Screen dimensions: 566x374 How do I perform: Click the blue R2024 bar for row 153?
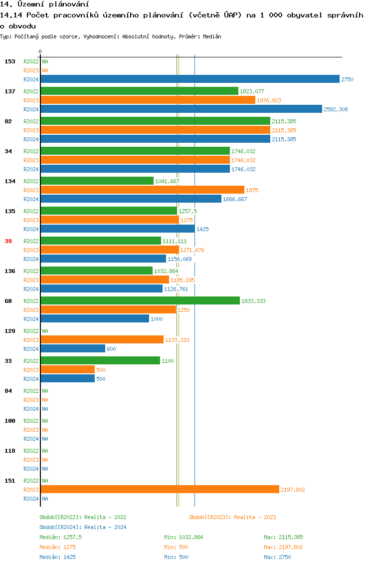(x=189, y=79)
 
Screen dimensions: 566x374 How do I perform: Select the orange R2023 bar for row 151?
(x=160, y=490)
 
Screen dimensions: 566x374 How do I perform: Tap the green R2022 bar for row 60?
(x=140, y=301)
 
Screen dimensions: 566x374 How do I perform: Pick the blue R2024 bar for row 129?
(x=73, y=349)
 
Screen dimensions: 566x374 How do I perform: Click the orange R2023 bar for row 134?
(x=142, y=190)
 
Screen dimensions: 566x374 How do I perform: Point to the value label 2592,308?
(x=336, y=109)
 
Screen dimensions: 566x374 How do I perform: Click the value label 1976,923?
(x=269, y=100)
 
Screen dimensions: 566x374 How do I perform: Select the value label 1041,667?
(x=167, y=181)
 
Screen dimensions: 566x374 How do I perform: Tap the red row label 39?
(x=8, y=241)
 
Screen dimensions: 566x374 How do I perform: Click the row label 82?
(x=8, y=121)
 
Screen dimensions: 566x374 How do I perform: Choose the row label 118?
(x=9, y=451)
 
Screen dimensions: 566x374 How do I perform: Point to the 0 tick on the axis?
(x=40, y=51)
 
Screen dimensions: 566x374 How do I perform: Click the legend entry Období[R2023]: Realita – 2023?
(x=232, y=517)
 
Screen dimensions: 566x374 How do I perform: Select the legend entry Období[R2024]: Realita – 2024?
(x=83, y=527)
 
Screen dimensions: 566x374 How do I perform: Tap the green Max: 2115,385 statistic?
(x=283, y=537)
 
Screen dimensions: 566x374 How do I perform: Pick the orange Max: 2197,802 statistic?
(x=283, y=547)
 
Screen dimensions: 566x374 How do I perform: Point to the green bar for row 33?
(x=100, y=361)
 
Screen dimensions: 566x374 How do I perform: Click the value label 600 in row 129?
(x=111, y=349)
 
